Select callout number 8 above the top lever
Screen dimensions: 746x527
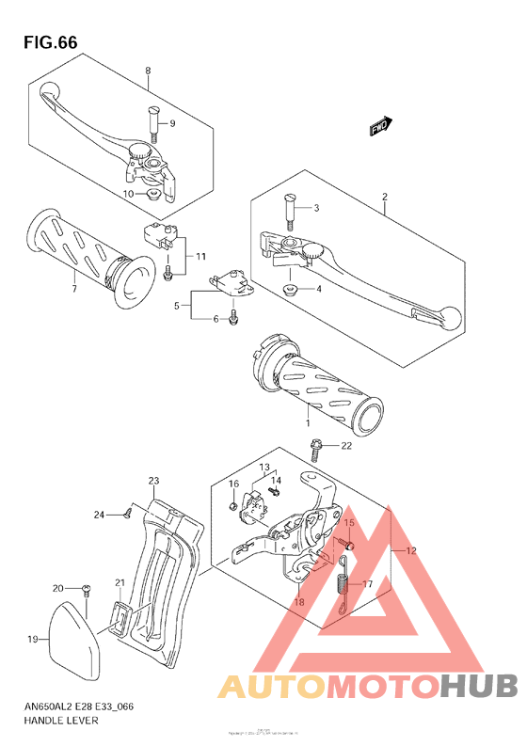coord(148,71)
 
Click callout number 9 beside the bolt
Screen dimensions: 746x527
coord(172,124)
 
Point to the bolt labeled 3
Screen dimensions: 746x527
coord(290,209)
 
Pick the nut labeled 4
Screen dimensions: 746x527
coord(291,288)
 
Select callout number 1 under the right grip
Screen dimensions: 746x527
coord(306,409)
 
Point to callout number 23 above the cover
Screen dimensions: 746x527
coord(154,481)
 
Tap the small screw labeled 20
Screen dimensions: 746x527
coord(87,589)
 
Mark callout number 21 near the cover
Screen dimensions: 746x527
coord(120,583)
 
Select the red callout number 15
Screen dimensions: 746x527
coord(347,523)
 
